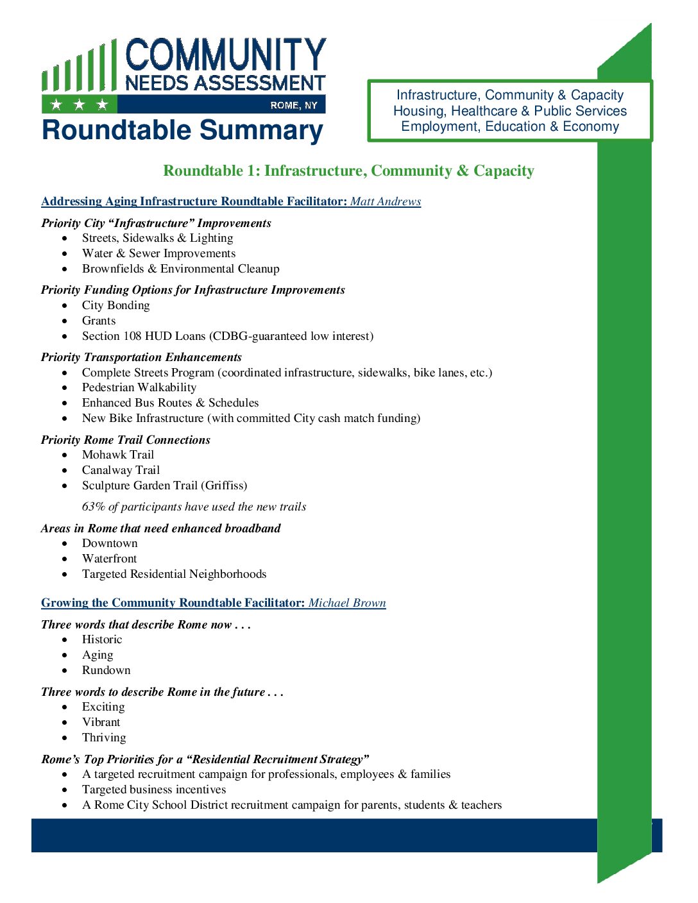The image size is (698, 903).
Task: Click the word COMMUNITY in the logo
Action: (226, 55)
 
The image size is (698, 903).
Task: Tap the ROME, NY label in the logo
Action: (294, 105)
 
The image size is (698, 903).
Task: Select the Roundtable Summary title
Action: (182, 130)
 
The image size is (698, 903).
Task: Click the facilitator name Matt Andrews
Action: (386, 201)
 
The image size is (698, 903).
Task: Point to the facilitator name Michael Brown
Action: (347, 603)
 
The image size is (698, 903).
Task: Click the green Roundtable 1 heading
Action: (348, 171)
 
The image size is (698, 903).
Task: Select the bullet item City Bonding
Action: (115, 305)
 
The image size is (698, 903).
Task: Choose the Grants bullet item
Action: (99, 321)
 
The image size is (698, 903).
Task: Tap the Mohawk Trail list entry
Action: (118, 455)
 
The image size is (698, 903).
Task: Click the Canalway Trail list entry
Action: (121, 470)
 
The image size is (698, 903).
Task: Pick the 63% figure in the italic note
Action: (94, 507)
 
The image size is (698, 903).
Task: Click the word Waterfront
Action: (109, 559)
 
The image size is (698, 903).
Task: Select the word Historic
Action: (102, 639)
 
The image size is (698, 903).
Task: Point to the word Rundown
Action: (106, 670)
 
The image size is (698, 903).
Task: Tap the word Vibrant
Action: (101, 722)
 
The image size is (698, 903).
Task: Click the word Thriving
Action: (104, 738)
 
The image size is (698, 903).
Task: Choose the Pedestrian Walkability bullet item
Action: (139, 387)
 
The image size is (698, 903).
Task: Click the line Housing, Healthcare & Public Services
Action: (510, 111)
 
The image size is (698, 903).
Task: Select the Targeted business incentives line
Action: (154, 789)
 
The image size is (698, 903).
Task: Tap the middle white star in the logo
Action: (79, 105)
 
